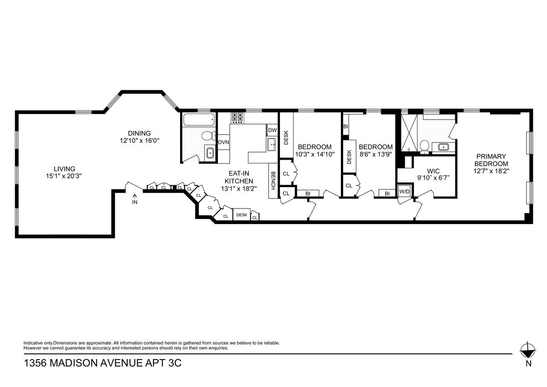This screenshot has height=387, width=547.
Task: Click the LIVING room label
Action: [64, 169]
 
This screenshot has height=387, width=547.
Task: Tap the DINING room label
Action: [139, 133]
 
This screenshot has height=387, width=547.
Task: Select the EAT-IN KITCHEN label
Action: [239, 177]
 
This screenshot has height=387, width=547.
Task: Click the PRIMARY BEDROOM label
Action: [491, 160]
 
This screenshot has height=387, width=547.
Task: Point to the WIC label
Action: [433, 171]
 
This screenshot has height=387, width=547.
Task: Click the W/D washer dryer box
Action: [404, 191]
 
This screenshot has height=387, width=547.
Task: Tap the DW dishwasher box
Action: [272, 131]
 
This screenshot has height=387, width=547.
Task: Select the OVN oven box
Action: [223, 142]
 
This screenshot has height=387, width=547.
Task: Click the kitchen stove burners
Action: [238, 118]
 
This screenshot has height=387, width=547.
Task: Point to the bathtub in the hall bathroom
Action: [199, 120]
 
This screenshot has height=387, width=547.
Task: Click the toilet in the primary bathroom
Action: [425, 146]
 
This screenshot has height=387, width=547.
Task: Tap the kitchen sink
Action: [272, 145]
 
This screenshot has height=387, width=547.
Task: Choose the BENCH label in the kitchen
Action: [273, 181]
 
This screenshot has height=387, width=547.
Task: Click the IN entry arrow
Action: [135, 199]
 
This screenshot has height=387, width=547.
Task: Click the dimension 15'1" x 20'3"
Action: [64, 176]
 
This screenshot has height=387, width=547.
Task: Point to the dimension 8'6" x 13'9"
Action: [375, 154]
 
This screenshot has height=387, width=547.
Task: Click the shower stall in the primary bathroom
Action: [409, 132]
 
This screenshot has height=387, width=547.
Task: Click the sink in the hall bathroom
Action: [210, 153]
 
